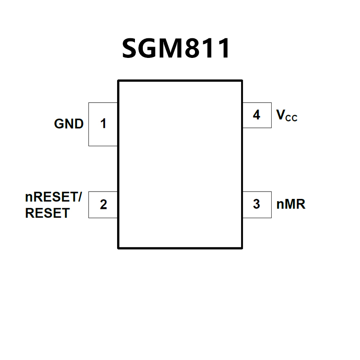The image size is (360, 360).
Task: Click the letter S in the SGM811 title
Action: coord(131,48)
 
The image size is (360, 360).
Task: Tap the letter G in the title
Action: coord(151,48)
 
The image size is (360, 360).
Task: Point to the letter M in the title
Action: coord(175,48)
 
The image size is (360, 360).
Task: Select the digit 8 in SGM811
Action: coord(197,48)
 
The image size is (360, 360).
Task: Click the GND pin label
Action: coord(69,124)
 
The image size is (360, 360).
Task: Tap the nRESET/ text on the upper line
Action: coord(52,197)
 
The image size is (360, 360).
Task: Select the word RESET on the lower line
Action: coord(47,213)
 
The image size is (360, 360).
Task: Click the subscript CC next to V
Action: coord(292,118)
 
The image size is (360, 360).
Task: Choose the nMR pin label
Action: coord(291,204)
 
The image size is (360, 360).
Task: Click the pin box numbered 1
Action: coord(103,124)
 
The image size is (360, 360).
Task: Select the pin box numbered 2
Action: coord(103,205)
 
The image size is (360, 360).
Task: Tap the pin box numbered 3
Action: coord(256,204)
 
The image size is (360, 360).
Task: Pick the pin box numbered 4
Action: coord(256,115)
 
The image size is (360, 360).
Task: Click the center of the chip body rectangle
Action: coord(180,164)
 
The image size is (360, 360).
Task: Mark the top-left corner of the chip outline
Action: coord(118,81)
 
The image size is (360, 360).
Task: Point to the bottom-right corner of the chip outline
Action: coord(242,248)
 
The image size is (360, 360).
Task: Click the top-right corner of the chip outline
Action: coord(242,81)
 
